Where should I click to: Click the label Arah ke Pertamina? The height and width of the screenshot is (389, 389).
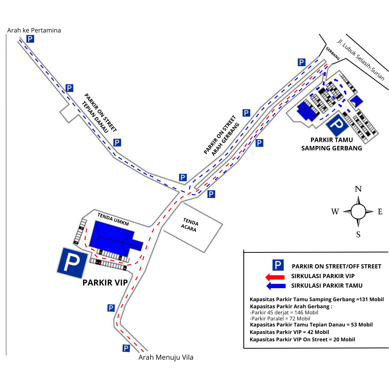pos(34,30)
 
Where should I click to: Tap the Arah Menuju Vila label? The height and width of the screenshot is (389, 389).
pos(166,357)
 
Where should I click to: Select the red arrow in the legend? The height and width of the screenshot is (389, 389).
pos(275,277)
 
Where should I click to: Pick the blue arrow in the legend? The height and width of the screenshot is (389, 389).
pos(275,286)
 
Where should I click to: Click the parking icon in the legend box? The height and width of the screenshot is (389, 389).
pos(277,265)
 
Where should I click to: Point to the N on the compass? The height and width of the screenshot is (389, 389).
pos(358,189)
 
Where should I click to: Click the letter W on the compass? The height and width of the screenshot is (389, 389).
pos(335,212)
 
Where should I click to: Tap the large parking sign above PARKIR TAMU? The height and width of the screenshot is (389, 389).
pos(337,125)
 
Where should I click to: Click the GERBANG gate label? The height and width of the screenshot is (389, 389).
pos(333,54)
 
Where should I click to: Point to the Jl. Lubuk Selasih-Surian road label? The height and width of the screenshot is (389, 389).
pos(360,60)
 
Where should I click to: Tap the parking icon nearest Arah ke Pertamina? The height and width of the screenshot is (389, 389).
pos(31,39)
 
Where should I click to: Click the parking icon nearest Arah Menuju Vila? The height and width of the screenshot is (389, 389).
pos(126,348)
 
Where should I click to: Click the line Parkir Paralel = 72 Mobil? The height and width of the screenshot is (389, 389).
pos(280,318)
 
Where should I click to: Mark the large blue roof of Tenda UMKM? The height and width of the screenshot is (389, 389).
pos(114,237)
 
